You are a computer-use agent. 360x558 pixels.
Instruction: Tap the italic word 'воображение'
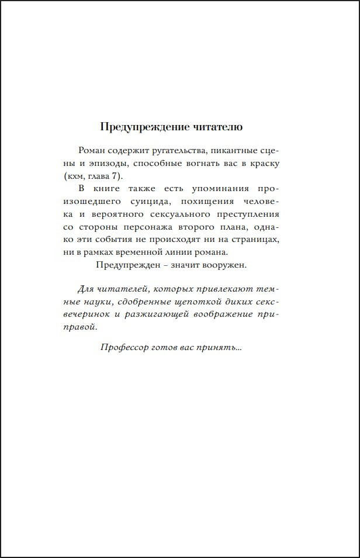tap(222, 314)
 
